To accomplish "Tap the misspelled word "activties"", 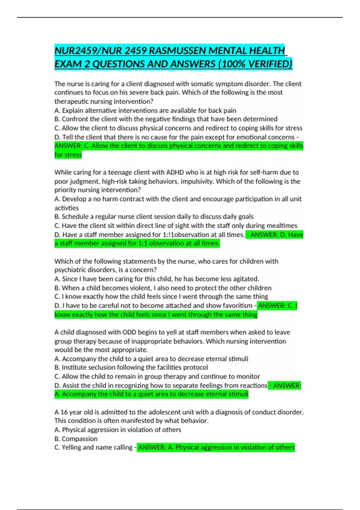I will (67, 208).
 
